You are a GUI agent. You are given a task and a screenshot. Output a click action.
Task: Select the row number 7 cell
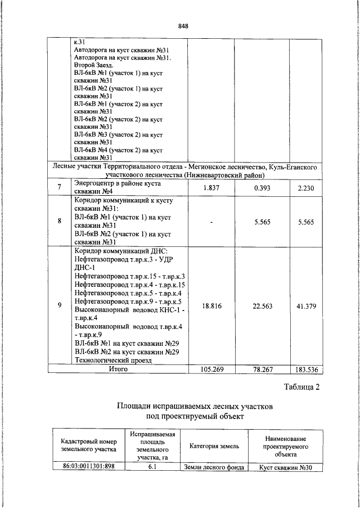(59, 187)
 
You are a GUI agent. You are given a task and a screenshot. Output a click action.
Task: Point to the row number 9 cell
(59, 305)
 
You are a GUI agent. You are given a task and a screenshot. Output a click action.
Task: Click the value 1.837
(210, 187)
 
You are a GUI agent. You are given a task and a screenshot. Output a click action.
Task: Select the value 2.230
(307, 187)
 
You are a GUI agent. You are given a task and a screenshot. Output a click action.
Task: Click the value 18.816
(210, 305)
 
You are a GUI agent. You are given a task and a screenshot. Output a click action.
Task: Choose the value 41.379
(307, 305)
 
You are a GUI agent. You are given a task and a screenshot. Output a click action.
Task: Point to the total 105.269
(210, 370)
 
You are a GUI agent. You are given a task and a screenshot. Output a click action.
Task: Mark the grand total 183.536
(307, 370)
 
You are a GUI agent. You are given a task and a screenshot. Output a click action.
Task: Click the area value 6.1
(152, 467)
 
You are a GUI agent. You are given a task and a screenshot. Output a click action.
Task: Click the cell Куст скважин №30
(286, 467)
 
